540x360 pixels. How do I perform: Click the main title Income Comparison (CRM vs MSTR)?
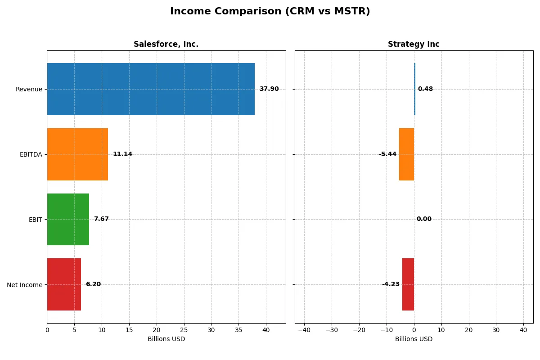(270, 12)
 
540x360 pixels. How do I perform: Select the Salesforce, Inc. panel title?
(166, 44)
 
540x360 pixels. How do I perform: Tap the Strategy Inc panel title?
(414, 44)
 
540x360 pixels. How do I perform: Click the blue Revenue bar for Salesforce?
(151, 89)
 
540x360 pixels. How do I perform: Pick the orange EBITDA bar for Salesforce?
(77, 154)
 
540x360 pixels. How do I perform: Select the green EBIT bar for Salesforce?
(68, 219)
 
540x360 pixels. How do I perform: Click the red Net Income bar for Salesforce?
(64, 284)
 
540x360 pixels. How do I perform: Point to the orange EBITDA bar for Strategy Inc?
(406, 154)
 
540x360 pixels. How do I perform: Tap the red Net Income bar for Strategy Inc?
(408, 284)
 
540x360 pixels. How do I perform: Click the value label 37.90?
(269, 89)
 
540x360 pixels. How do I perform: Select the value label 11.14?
(122, 154)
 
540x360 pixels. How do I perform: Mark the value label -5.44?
(387, 154)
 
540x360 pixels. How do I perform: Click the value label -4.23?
(391, 284)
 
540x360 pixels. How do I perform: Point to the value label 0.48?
(425, 89)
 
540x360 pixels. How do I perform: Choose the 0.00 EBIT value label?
(424, 219)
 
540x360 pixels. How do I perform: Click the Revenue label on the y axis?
(29, 89)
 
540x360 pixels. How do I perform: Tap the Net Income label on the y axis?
(25, 284)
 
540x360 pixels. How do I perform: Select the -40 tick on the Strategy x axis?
(304, 330)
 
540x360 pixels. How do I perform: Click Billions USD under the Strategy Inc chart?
(414, 339)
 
